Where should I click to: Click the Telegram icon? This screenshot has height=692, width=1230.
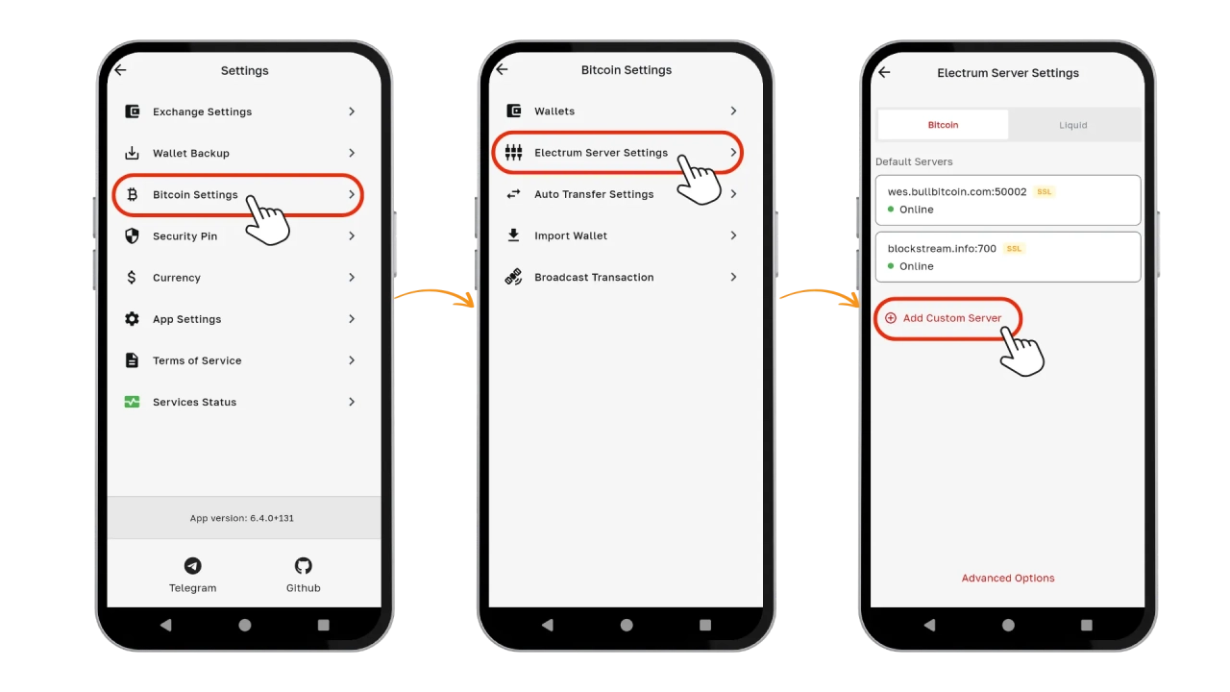tap(193, 566)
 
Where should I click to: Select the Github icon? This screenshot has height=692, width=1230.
tap(303, 566)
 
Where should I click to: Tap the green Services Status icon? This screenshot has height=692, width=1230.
tap(132, 402)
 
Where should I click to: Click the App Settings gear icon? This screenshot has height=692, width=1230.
tap(132, 319)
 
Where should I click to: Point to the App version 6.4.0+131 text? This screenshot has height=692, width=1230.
tap(241, 518)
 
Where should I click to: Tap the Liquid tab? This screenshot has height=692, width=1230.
tap(1073, 125)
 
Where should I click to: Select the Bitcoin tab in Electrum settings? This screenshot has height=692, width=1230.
tap(943, 125)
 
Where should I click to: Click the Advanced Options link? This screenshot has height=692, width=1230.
tap(1008, 578)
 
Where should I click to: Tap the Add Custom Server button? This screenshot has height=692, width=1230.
tap(947, 318)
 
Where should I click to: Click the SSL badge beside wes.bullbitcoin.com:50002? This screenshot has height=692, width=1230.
tap(1044, 191)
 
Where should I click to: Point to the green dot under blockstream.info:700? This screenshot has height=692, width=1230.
tap(891, 266)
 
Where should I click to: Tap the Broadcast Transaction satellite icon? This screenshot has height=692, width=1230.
tap(513, 277)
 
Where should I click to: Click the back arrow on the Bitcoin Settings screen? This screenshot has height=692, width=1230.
tap(502, 69)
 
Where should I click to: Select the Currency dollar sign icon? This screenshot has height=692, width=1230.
tap(132, 278)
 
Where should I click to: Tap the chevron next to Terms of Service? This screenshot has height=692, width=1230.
tap(352, 360)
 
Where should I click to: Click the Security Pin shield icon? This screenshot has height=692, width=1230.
tap(132, 236)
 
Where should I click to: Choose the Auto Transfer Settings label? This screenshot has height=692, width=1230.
tap(594, 194)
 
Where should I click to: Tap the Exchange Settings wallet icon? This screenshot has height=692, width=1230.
tap(132, 111)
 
